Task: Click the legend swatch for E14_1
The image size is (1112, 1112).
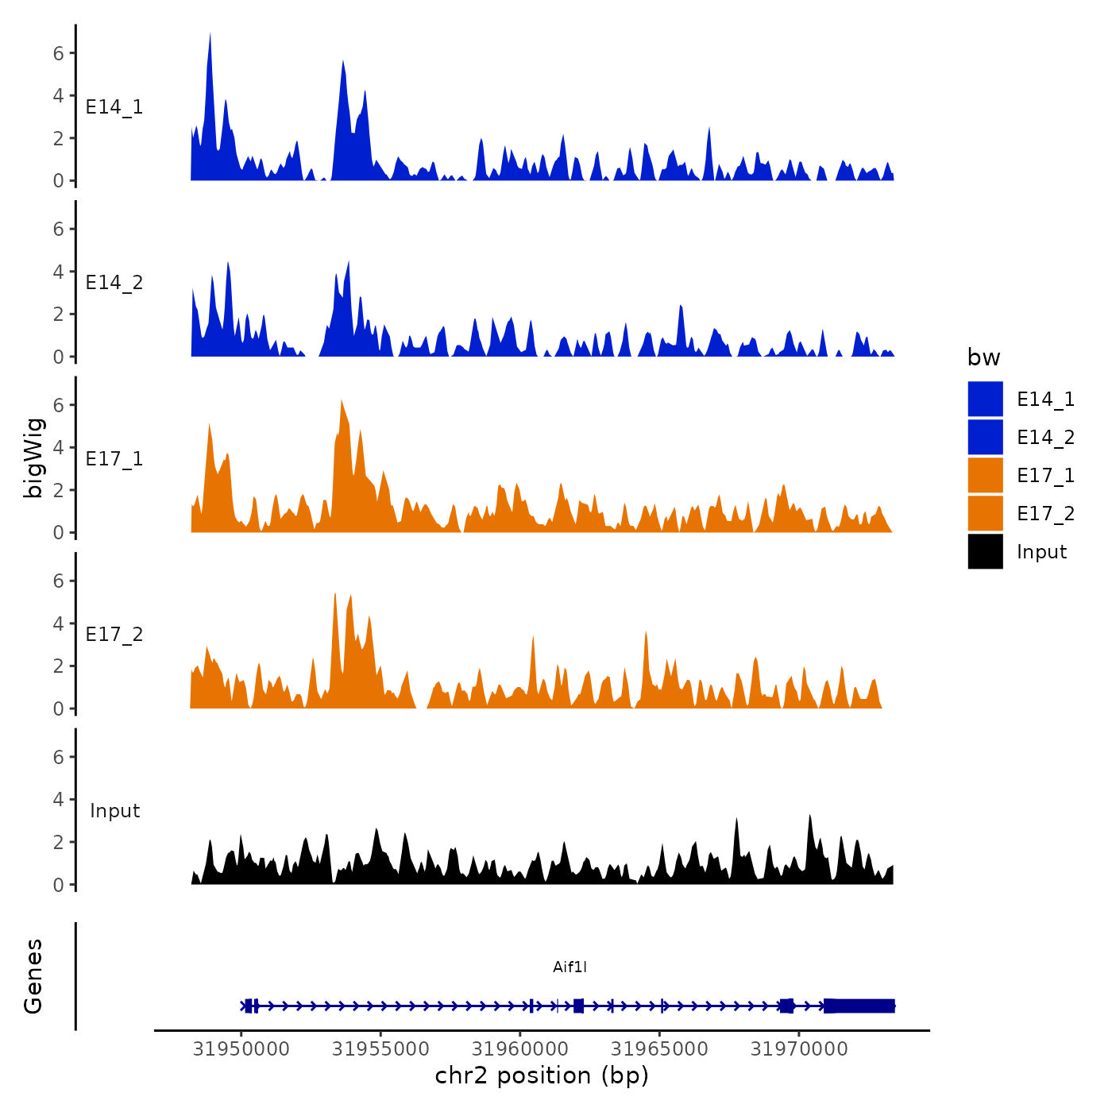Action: pos(985,399)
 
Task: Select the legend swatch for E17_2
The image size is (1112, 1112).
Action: pos(985,513)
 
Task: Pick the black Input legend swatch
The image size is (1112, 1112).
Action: pos(985,551)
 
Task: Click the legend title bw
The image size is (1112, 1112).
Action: pos(983,357)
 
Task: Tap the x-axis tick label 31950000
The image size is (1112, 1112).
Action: pos(241,1049)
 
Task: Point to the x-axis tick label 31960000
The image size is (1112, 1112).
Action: pos(520,1049)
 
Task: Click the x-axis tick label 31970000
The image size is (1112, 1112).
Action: pos(799,1049)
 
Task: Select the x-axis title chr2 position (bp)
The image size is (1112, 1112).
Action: pos(542,1075)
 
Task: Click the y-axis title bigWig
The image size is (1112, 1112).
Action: pos(33,458)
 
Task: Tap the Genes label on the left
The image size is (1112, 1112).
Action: pos(33,976)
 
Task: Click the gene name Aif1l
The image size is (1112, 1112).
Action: pos(570,967)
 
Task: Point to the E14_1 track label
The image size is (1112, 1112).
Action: pos(114,107)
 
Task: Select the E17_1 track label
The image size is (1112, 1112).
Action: pos(114,459)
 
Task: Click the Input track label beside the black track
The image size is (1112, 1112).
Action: pos(114,811)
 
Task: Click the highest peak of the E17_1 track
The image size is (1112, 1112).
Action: pos(342,402)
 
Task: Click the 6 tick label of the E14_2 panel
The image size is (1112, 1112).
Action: pos(58,229)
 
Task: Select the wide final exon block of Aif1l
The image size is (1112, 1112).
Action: pos(859,1006)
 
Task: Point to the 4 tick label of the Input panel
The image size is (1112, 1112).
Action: pos(58,799)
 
